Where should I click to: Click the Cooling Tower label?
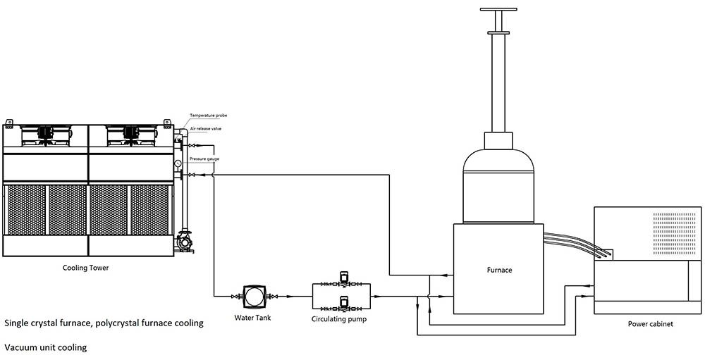[x=85, y=268]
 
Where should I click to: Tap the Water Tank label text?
[x=252, y=318]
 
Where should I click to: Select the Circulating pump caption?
[x=339, y=320]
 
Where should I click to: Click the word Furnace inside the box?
[x=499, y=270]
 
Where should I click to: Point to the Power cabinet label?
[x=651, y=323]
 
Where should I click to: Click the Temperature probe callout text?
[x=208, y=116]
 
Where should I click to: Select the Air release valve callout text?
[x=204, y=129]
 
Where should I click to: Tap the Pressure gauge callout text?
[x=204, y=159]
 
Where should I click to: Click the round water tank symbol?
[x=252, y=296]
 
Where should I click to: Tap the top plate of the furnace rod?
[x=498, y=9]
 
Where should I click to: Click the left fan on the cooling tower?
[x=45, y=134]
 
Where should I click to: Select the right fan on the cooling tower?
[x=131, y=134]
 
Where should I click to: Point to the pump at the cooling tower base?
[x=184, y=242]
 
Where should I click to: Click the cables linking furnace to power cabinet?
[x=577, y=244]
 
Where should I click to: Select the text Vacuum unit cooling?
[x=46, y=347]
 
